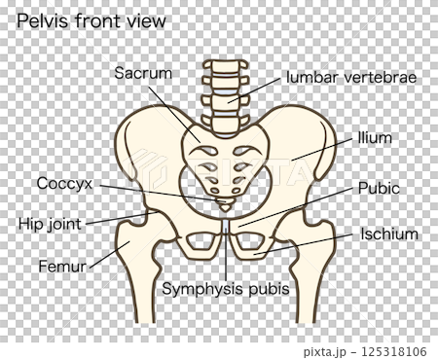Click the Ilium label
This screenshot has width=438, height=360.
(375, 138)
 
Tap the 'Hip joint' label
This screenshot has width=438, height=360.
(53, 223)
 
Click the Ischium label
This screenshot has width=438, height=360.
(388, 234)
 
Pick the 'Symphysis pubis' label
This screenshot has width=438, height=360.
(226, 289)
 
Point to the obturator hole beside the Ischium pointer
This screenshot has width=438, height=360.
(254, 243)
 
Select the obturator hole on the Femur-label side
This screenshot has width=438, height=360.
(199, 243)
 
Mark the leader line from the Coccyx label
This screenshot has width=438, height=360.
(156, 193)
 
